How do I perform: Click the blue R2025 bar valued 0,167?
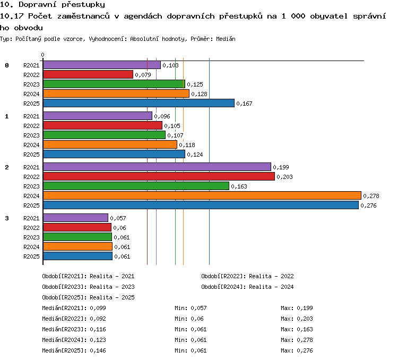point(139,103)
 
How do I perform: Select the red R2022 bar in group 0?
point(88,74)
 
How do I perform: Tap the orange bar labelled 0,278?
point(202,195)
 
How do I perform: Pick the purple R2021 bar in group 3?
point(76,218)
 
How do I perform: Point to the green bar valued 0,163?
point(136,186)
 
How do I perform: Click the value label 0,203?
point(284,177)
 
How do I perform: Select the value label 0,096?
point(162,116)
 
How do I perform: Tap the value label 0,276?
point(368,205)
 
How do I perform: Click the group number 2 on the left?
point(7,167)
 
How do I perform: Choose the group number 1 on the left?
point(7,116)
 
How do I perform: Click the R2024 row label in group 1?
point(31,145)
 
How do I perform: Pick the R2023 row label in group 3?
point(31,237)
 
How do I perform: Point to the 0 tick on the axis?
point(42,55)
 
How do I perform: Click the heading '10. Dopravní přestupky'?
point(53,5)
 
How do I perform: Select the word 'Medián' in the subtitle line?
point(226,39)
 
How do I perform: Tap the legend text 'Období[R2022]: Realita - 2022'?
point(247,276)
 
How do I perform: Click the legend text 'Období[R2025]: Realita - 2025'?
point(88,297)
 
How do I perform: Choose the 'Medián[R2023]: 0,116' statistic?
point(74,329)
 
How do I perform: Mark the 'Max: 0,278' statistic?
point(297,340)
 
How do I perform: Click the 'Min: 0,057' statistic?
point(191,308)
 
